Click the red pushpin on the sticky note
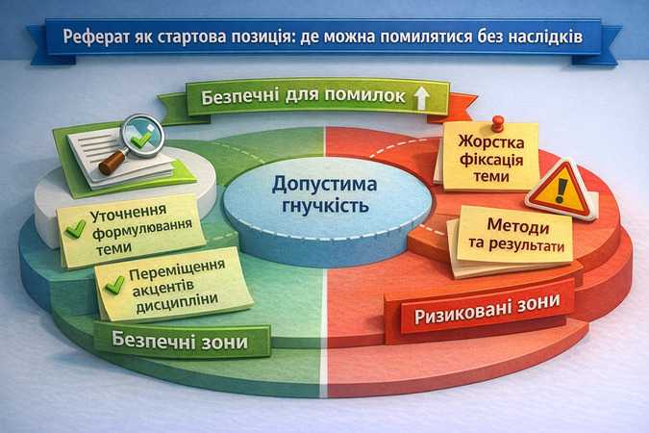point(497,124)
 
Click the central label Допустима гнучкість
point(323,193)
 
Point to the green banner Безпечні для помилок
point(303,98)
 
